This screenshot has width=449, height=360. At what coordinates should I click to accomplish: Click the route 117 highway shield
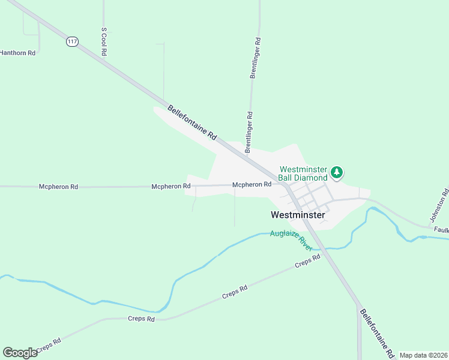(73, 42)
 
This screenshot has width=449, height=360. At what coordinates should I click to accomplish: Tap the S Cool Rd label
(104, 41)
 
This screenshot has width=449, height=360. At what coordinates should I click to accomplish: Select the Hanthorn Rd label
(17, 53)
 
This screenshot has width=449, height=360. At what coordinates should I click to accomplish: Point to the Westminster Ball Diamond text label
(303, 173)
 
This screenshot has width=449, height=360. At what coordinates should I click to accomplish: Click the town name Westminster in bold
(298, 215)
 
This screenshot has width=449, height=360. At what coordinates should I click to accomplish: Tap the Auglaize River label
(291, 238)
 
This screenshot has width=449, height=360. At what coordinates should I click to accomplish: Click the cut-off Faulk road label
(441, 229)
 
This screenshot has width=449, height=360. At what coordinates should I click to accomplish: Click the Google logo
(20, 353)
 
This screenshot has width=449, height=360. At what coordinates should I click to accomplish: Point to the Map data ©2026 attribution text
(423, 355)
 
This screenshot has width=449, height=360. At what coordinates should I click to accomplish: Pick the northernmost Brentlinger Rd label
(256, 58)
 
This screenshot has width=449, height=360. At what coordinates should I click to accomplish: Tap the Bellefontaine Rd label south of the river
(376, 331)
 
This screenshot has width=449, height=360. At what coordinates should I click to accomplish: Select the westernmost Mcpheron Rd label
(58, 187)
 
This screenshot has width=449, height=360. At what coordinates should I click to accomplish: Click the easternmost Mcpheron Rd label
(252, 185)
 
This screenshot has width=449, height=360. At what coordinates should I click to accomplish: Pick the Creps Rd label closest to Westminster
(308, 261)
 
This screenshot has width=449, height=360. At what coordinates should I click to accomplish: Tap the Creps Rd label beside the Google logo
(49, 346)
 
